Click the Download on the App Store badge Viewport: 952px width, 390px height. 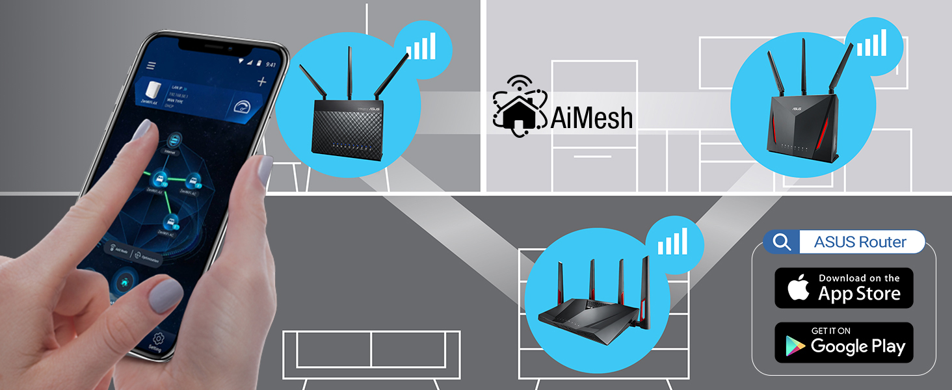click(844, 287)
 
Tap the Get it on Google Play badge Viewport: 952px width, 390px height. click(844, 343)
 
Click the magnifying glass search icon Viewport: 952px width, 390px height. click(782, 242)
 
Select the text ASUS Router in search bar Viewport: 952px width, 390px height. click(860, 242)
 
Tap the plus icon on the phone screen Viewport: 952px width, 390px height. click(261, 81)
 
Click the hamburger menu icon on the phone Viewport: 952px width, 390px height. click(152, 66)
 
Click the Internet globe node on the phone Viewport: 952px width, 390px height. click(173, 140)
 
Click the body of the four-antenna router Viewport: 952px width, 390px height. click(588, 312)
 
